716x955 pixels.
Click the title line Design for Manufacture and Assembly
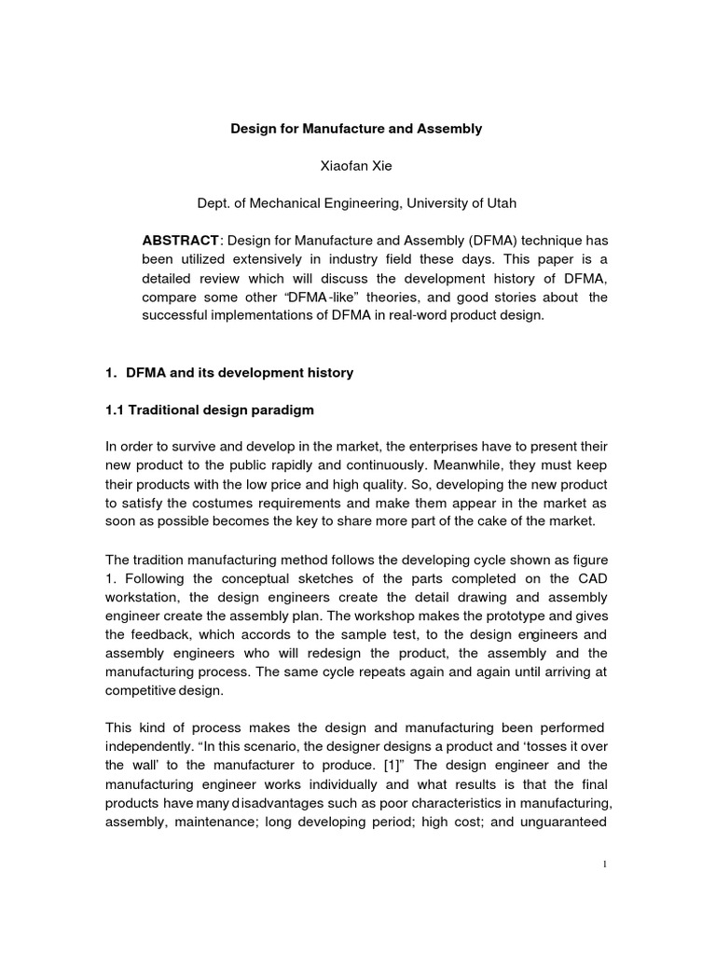tap(356, 129)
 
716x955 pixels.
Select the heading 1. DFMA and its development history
tap(229, 373)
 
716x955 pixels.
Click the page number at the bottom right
tap(605, 864)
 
